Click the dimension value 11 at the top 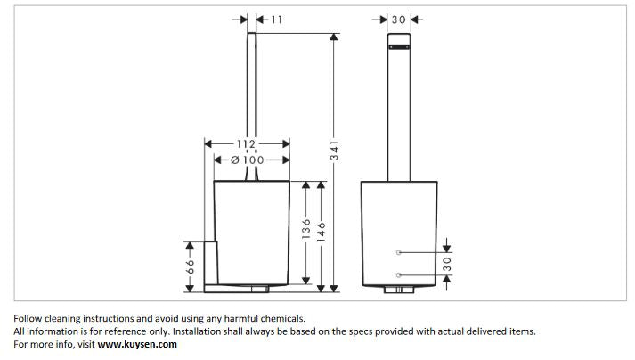click(275, 19)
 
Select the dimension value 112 click(247, 143)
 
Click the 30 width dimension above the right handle click(398, 19)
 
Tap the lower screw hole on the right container click(400, 274)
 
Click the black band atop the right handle click(398, 38)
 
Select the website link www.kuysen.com click(137, 344)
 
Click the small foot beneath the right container click(398, 290)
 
